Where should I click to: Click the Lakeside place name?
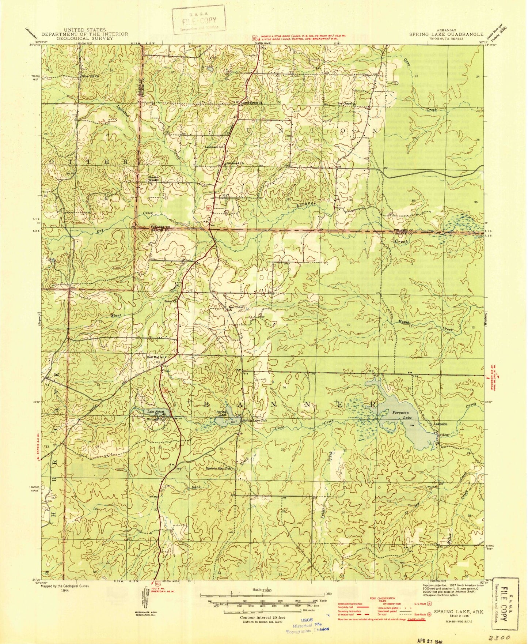tap(440, 424)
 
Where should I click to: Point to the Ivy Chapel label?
tap(345, 103)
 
